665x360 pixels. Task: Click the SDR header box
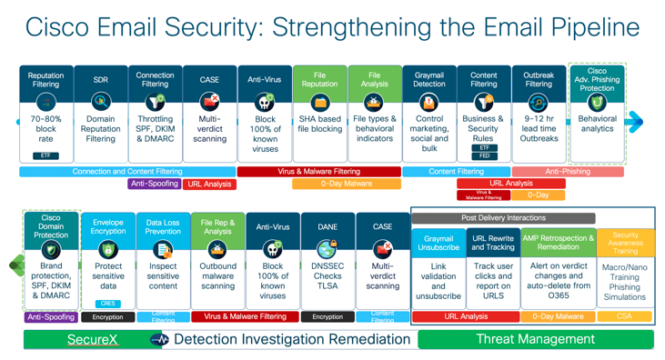[x=100, y=80]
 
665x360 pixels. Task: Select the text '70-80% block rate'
[x=45, y=129]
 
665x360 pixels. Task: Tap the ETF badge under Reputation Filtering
[x=45, y=155]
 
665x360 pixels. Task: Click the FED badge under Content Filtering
[x=484, y=155]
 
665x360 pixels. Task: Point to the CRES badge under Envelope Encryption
[x=107, y=304]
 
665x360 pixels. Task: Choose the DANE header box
[x=327, y=227]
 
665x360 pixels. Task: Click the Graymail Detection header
[x=428, y=79]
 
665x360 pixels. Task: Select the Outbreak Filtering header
[x=539, y=79]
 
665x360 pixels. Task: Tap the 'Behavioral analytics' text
[x=597, y=124]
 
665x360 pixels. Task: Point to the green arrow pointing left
[x=16, y=265]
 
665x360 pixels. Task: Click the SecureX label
[x=92, y=339]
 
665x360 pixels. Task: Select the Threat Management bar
[x=535, y=339]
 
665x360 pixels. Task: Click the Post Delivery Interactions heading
[x=503, y=218]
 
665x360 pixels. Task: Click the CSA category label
[x=625, y=316]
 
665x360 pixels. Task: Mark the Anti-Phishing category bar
[x=568, y=171]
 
